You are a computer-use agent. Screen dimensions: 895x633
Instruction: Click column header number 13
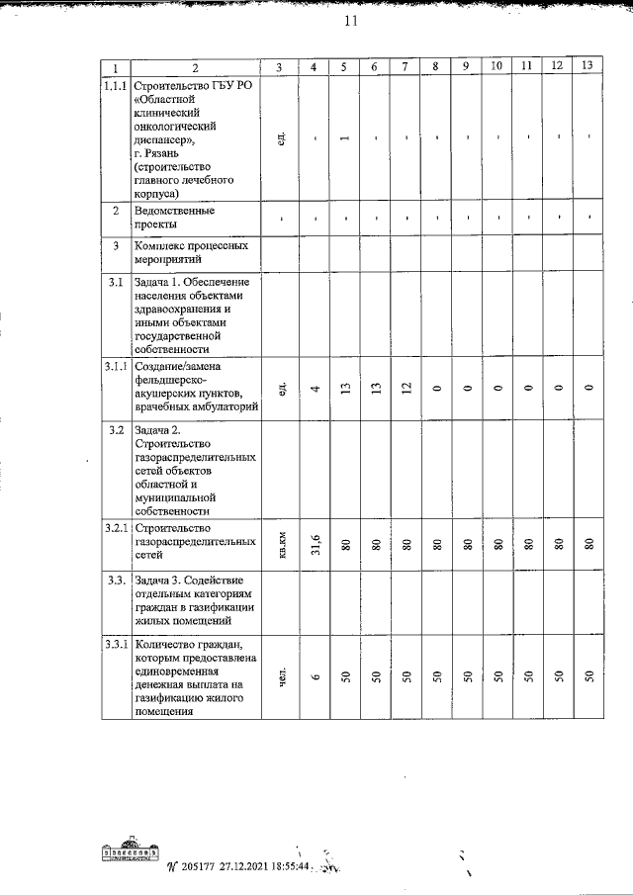tap(588, 65)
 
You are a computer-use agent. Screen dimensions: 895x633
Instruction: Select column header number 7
tap(405, 66)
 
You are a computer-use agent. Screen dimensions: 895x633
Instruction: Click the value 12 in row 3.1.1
tap(406, 390)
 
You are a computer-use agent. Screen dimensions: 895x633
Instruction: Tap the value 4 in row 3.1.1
tap(314, 390)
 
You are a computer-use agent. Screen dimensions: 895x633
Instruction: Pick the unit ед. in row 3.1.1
tap(282, 389)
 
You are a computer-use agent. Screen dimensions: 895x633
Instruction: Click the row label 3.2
tap(116, 430)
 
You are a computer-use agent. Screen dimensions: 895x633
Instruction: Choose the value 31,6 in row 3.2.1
tap(314, 543)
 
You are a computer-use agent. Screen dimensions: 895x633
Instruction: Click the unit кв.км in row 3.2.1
tap(282, 543)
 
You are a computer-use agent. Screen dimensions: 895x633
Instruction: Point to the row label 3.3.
tap(116, 579)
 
